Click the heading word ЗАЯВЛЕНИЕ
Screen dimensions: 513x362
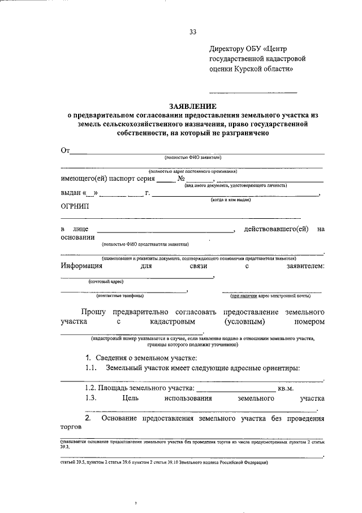[192, 106]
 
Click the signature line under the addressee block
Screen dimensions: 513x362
[253, 92]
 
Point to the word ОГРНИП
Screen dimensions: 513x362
[75, 206]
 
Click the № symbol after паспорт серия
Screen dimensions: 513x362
[182, 178]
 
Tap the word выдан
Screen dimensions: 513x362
[71, 193]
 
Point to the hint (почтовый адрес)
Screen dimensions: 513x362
[106, 281]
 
